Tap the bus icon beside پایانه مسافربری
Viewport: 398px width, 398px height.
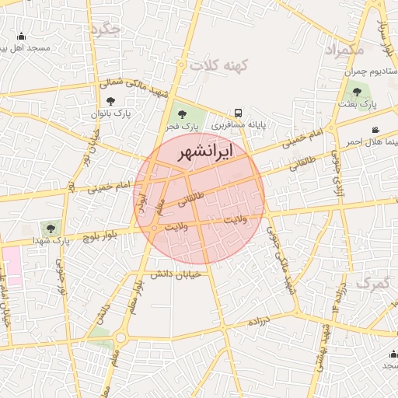[x=237, y=111]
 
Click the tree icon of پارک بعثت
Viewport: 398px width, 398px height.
[x=358, y=92]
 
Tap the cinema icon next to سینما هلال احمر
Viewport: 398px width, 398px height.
[x=376, y=130]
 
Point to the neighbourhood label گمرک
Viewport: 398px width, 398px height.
[x=373, y=284]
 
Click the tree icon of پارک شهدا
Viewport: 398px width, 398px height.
[x=51, y=229]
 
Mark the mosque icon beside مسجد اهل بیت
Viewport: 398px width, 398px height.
[x=21, y=36]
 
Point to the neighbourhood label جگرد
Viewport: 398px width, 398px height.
[x=105, y=30]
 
